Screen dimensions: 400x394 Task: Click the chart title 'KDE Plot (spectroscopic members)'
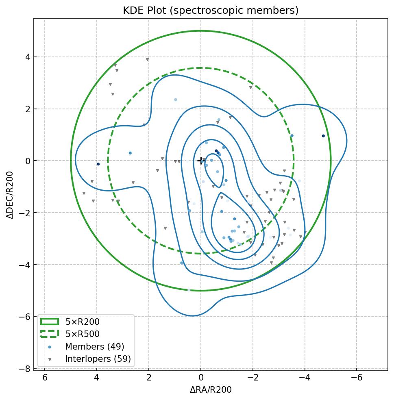click(211, 11)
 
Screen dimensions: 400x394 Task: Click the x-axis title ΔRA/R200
click(211, 390)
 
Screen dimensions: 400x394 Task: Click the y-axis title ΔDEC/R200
click(10, 195)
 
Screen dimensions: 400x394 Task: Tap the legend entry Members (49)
click(94, 347)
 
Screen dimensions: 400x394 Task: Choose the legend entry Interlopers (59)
click(98, 359)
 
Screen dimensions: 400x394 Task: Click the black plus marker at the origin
click(200, 161)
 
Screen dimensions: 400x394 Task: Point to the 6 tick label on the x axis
click(45, 378)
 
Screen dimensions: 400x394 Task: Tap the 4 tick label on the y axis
click(28, 57)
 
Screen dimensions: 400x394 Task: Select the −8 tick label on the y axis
click(25, 369)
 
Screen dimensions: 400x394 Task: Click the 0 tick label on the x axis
click(200, 378)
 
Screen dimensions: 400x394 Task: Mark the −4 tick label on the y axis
click(25, 265)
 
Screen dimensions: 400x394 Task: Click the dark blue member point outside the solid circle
click(323, 136)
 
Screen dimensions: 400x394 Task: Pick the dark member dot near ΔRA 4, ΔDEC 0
click(98, 164)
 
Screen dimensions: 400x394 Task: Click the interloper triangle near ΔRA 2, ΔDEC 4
click(147, 59)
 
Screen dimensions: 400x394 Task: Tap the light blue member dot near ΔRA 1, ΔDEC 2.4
click(176, 100)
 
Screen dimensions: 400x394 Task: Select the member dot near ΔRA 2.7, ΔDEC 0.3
click(130, 153)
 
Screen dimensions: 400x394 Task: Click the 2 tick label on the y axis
click(28, 109)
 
